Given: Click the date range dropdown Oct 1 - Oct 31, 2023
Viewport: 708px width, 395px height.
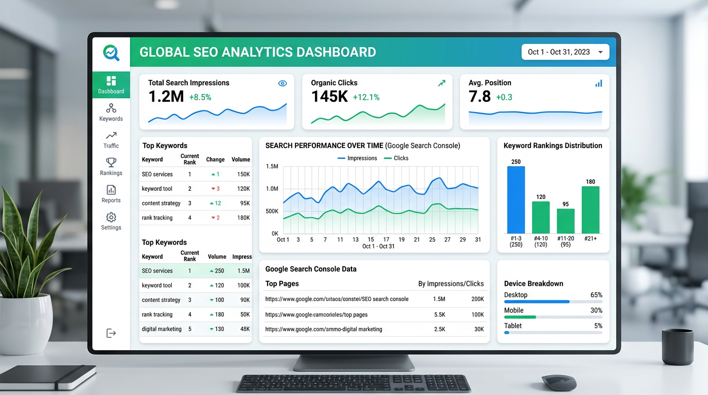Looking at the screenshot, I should [x=565, y=52].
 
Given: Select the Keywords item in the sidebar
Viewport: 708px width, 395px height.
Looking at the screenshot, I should [x=111, y=113].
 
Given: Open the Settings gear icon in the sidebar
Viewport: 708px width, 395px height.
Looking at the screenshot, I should [x=111, y=218].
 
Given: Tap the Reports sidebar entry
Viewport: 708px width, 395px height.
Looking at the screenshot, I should [x=111, y=194].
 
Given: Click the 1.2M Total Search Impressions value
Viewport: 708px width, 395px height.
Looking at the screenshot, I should [x=166, y=96].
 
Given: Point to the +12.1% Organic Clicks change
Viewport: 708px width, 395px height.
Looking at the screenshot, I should [x=366, y=97].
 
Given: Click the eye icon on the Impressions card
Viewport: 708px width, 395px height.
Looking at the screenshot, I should [x=282, y=83].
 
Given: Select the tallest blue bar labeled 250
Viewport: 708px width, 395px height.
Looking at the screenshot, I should [x=516, y=200].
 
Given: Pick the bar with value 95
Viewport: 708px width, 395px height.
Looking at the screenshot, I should [x=565, y=221].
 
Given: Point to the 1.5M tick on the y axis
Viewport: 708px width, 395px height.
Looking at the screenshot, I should [x=272, y=167].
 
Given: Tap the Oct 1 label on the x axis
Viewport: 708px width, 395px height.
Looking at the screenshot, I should [x=283, y=240].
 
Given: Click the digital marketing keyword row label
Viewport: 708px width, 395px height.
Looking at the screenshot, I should [x=162, y=329].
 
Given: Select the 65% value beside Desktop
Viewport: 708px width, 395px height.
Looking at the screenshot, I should [x=596, y=295].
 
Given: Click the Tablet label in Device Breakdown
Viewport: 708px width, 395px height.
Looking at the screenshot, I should [x=512, y=326].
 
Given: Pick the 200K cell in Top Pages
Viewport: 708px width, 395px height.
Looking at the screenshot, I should [x=477, y=299].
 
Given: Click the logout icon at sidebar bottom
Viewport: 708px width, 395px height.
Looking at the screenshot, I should [x=111, y=333].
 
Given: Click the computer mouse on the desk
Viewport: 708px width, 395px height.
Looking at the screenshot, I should [x=559, y=382].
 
